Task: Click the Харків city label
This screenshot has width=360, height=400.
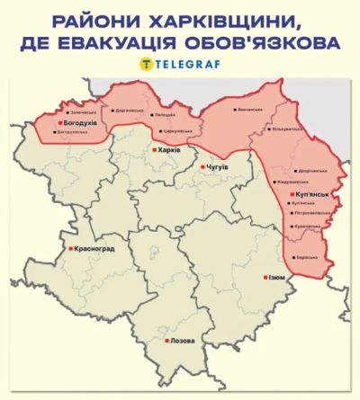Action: (169, 150)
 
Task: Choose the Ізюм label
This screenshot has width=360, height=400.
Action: (276, 278)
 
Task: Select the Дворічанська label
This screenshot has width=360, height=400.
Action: (311, 171)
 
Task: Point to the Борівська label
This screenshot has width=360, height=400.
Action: (307, 257)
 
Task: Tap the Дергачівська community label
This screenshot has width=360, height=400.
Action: (128, 111)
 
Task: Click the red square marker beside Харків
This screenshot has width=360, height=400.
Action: (154, 150)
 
